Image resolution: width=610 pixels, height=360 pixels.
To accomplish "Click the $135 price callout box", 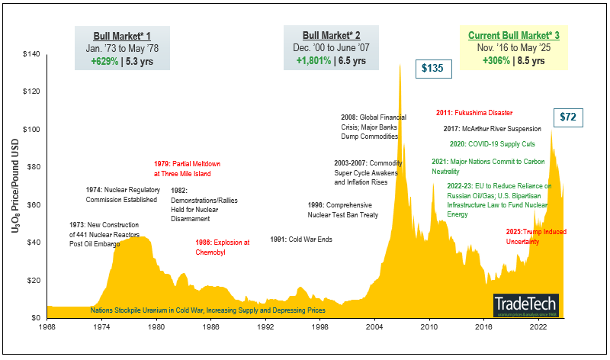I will click(433, 69).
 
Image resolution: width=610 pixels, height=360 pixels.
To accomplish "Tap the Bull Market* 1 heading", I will click(122, 36).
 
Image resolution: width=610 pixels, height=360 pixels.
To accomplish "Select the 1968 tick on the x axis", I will click(47, 326).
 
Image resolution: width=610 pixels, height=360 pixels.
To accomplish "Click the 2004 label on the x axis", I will click(374, 326).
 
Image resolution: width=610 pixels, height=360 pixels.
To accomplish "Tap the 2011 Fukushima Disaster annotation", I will click(474, 112).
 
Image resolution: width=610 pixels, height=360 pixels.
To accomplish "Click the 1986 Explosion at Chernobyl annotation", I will click(223, 247).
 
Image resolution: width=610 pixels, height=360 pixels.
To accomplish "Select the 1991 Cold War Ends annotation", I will click(303, 239).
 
